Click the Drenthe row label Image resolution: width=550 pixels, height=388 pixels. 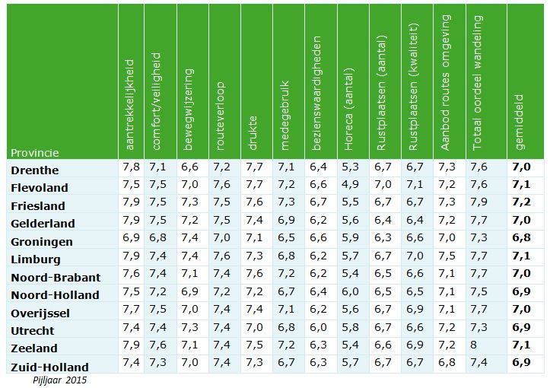[35, 170]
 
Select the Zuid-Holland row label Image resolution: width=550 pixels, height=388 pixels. [49, 366]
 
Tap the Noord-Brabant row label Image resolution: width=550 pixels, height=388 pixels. [54, 277]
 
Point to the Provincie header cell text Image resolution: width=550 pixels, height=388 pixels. [34, 152]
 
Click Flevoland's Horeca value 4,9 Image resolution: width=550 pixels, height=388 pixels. [351, 185]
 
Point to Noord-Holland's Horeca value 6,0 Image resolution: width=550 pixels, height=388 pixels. [351, 292]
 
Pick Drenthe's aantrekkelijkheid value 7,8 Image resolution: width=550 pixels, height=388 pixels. [131, 167]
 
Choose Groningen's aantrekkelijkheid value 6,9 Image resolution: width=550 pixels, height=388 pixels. [131, 238]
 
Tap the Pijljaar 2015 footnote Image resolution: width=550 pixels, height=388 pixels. [59, 379]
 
